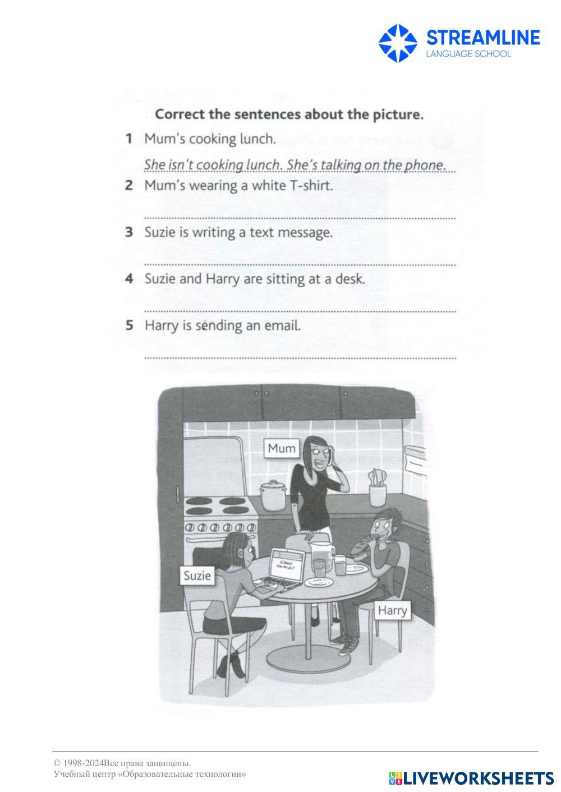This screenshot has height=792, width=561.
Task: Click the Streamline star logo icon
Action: pyautogui.click(x=398, y=43)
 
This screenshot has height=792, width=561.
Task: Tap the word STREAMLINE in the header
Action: pyautogui.click(x=483, y=38)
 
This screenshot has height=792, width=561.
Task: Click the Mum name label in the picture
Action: pyautogui.click(x=282, y=448)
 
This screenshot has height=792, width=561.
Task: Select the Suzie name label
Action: pyautogui.click(x=197, y=575)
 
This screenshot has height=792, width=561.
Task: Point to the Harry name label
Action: pyautogui.click(x=392, y=610)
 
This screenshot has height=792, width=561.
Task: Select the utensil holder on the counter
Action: pyautogui.click(x=378, y=489)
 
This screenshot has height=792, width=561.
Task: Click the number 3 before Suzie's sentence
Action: pyautogui.click(x=129, y=232)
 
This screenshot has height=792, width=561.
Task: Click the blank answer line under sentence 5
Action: pyautogui.click(x=300, y=358)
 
